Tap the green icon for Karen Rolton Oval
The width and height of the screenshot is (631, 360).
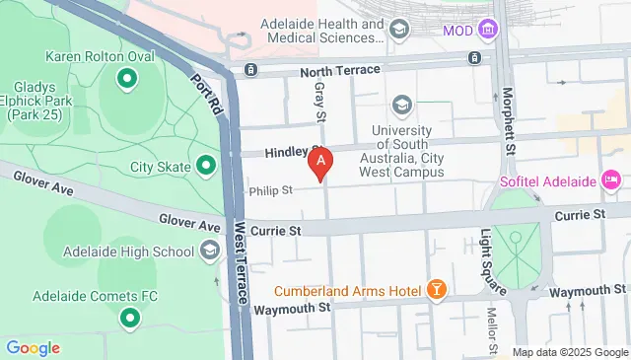[x=126, y=77]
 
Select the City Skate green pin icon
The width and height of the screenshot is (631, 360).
[x=206, y=166]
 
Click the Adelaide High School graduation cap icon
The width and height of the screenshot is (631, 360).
[x=210, y=252]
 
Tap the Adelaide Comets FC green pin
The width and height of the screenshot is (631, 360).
[x=129, y=318]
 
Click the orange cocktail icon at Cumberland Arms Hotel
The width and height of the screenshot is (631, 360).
[x=436, y=290]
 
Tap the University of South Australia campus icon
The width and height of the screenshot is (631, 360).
[x=401, y=105]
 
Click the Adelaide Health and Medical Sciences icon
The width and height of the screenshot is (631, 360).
[x=398, y=31]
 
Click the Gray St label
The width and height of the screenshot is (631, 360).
[x=319, y=102]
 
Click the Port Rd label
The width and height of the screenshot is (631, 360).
[x=206, y=93]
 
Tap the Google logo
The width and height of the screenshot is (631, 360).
[x=33, y=347]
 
